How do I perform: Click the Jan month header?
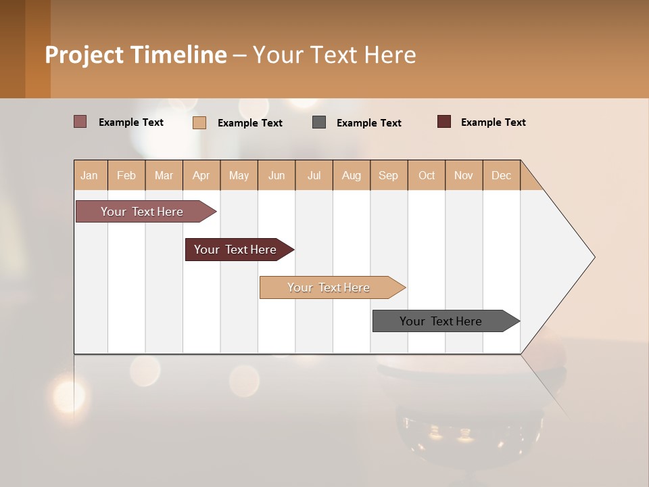coord(89,175)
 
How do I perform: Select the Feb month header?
coord(126,175)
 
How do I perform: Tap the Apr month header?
coord(201,175)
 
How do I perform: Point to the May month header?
coord(239,175)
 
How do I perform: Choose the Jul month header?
coord(314,175)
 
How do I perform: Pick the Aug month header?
coord(351,175)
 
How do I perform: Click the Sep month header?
coord(388,175)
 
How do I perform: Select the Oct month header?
coord(427,175)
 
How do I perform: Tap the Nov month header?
coord(463,175)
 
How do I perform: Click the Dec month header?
coord(501,175)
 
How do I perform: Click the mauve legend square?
coord(80,122)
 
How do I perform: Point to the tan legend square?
coord(199,122)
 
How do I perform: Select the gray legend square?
coord(319,122)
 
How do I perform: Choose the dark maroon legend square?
coord(443,122)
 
